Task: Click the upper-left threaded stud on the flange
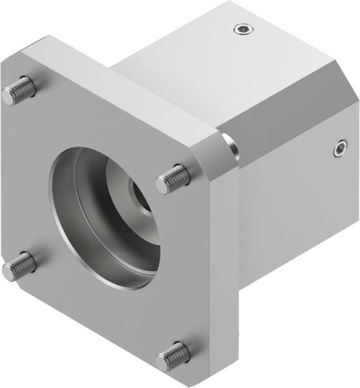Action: (x=18, y=91)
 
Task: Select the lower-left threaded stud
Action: (x=18, y=266)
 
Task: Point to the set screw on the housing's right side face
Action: (x=339, y=150)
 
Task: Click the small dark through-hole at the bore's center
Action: (x=140, y=192)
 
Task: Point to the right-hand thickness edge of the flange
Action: (x=229, y=272)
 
